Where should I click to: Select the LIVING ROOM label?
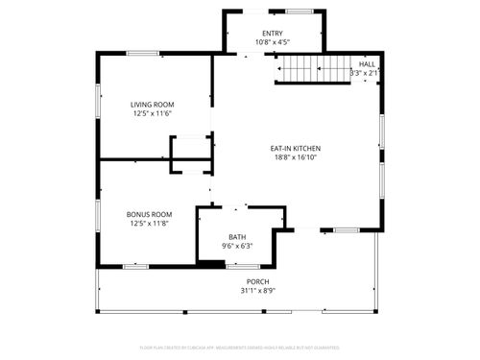(153, 104)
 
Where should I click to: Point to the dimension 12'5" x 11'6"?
(153, 114)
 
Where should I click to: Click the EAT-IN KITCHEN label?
(295, 148)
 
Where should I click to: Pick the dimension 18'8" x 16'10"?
(295, 157)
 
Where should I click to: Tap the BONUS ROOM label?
(150, 214)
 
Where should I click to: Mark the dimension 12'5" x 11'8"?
(150, 224)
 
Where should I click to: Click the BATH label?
(237, 236)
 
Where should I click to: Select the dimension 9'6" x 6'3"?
(237, 246)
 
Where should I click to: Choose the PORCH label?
(255, 281)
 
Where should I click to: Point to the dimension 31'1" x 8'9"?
(255, 291)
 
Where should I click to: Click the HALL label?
(367, 62)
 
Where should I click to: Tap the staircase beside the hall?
(312, 69)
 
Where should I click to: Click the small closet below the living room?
(190, 154)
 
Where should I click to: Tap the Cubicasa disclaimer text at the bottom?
(240, 348)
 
